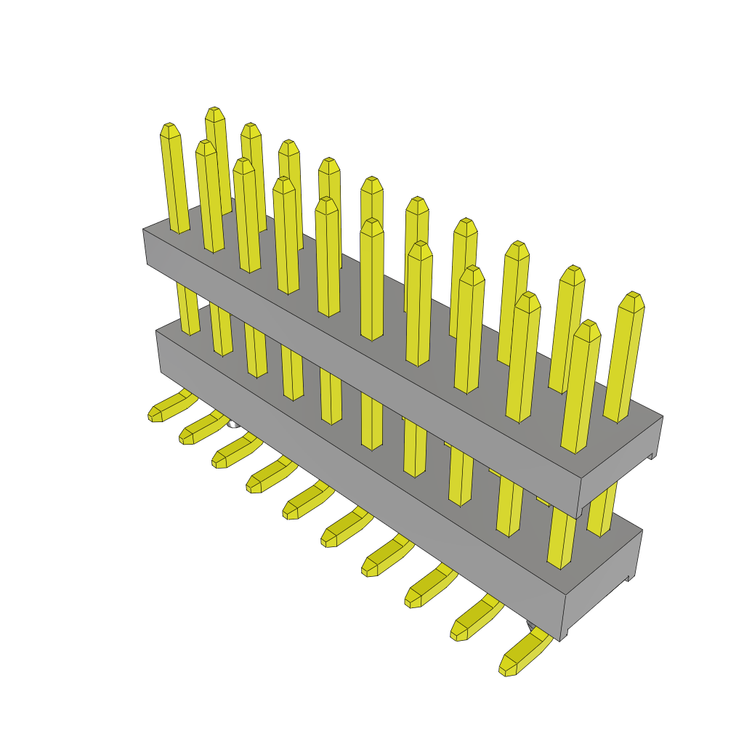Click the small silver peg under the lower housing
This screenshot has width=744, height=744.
[x=232, y=424]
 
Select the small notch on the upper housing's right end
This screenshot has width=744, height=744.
[x=652, y=456]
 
